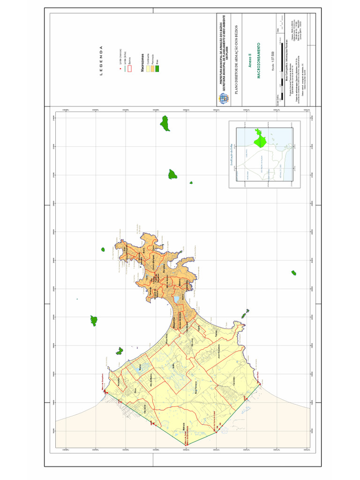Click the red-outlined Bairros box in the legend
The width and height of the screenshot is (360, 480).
click(130, 68)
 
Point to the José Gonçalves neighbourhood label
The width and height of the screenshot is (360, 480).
click(219, 353)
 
